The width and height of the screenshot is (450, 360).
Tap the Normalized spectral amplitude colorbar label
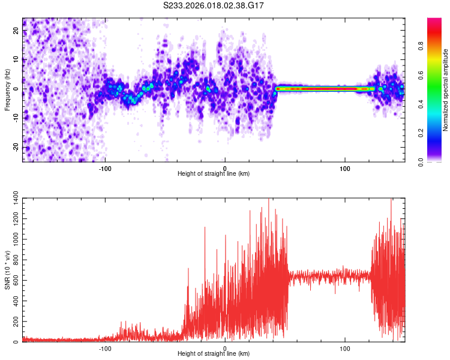point(445,90)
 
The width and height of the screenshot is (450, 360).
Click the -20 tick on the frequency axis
point(16,148)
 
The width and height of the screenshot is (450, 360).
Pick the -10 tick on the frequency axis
point(16,118)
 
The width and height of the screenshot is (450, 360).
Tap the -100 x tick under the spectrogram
point(105,168)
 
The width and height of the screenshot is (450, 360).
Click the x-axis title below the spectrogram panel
point(214,174)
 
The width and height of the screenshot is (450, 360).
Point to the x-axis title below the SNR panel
point(214,354)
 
